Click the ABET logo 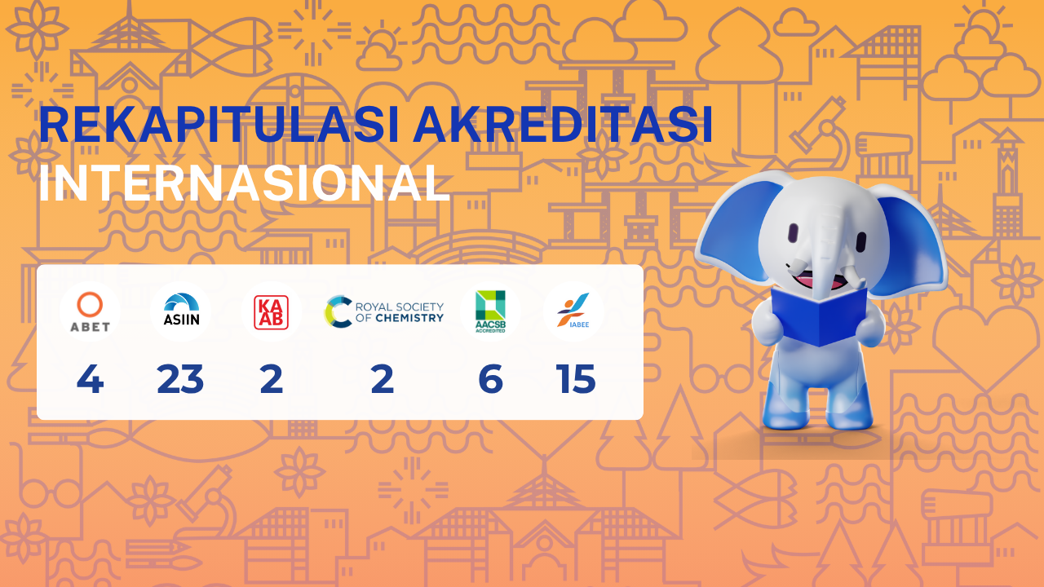coord(90,311)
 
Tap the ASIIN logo coord(181,309)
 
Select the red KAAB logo coord(272,312)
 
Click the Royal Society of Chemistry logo coord(384,311)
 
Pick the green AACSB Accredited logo coord(490,311)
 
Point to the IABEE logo coord(573,311)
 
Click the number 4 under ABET coord(90,379)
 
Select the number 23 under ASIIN coord(180,379)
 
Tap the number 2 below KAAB coord(272,379)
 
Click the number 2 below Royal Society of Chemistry coord(383,379)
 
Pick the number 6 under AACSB coord(491,379)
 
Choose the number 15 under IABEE coord(576,379)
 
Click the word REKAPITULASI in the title coord(219,125)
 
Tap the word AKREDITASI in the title coord(563,125)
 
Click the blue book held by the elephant coord(819,316)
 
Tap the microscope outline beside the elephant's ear coord(821,135)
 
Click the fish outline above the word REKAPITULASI coord(231,47)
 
